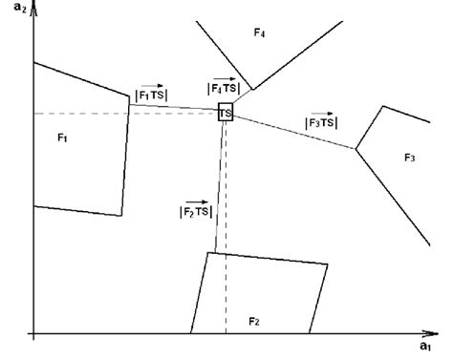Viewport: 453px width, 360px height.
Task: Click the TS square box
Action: click(226, 112)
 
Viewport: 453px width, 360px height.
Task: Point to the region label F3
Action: click(410, 157)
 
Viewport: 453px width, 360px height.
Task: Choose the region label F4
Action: click(259, 34)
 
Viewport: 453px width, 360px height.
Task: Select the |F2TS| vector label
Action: click(195, 209)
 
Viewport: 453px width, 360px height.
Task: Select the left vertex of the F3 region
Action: click(356, 148)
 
